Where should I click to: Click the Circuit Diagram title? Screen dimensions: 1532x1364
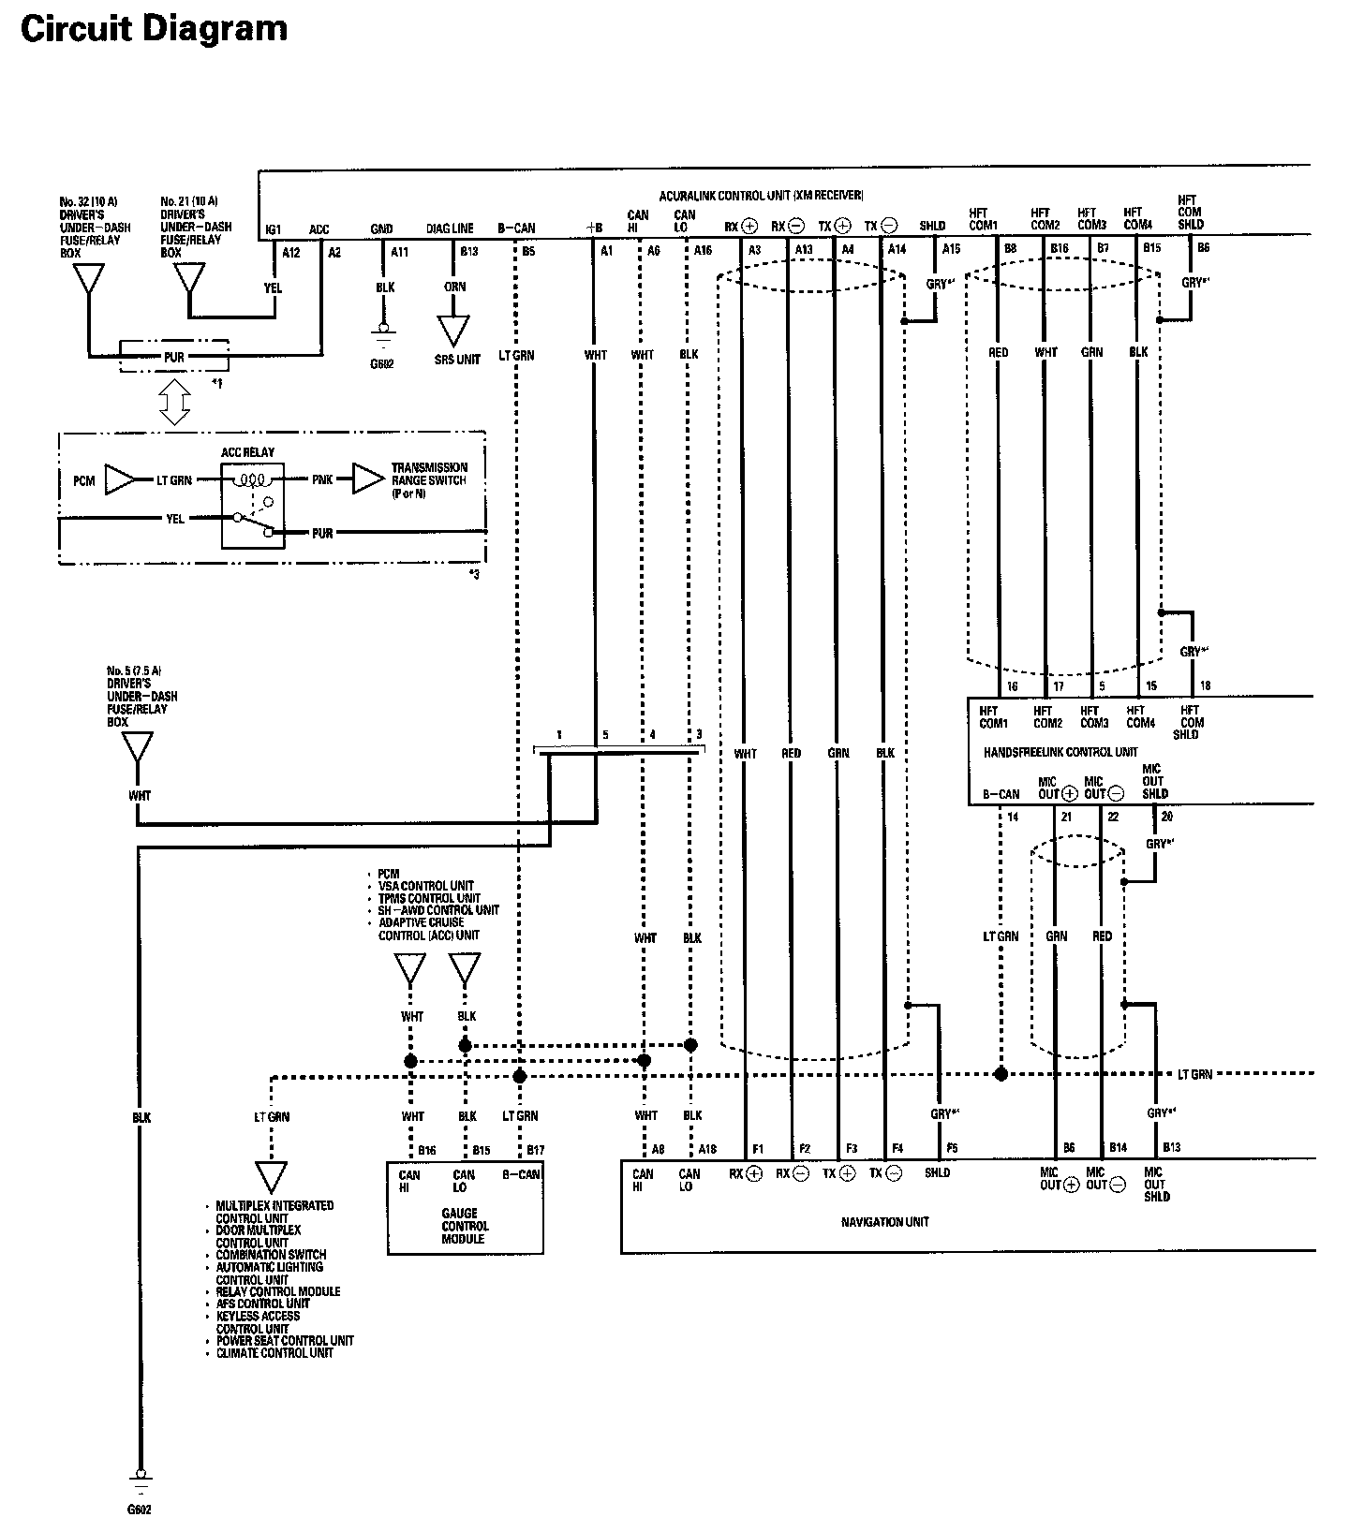click(x=154, y=30)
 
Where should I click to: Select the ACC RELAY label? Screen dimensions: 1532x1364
click(x=247, y=452)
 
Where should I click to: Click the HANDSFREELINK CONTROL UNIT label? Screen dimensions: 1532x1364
click(x=1060, y=752)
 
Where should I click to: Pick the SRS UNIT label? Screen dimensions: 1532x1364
click(x=455, y=360)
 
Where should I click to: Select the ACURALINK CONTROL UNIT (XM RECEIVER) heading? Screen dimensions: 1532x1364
click(x=761, y=196)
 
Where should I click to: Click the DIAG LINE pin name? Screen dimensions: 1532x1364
click(x=450, y=228)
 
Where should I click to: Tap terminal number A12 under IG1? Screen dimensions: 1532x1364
click(x=291, y=253)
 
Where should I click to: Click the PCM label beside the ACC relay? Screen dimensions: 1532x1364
click(x=83, y=481)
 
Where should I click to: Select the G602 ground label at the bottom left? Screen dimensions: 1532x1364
click(x=139, y=1510)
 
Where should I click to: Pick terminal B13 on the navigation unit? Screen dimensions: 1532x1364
click(x=1171, y=1147)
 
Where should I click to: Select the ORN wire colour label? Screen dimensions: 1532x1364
click(x=455, y=287)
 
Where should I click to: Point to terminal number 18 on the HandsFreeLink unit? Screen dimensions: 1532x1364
click(x=1205, y=686)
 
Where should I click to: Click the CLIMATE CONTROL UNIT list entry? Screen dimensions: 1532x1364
click(x=274, y=1353)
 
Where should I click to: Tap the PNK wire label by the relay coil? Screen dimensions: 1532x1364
click(x=322, y=480)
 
